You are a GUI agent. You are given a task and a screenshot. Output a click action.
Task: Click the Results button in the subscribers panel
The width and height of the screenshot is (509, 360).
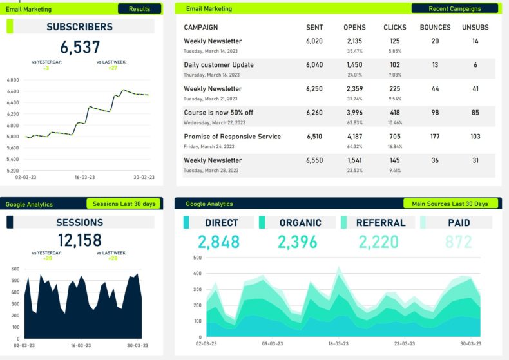click(x=139, y=9)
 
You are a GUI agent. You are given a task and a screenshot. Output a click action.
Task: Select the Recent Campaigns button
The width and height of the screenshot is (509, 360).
click(x=454, y=9)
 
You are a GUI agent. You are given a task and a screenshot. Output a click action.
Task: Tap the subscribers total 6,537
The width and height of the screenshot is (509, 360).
click(x=81, y=47)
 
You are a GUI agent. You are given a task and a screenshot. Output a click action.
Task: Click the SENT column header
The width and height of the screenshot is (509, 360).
click(x=314, y=28)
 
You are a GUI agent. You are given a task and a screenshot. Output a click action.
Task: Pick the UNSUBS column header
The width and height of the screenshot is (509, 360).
click(x=475, y=28)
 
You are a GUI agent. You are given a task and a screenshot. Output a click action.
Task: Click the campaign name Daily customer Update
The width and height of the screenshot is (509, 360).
click(x=218, y=65)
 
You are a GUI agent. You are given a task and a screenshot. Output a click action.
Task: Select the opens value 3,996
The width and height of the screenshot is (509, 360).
click(x=354, y=113)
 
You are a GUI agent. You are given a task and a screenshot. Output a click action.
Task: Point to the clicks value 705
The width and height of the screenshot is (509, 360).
click(x=395, y=137)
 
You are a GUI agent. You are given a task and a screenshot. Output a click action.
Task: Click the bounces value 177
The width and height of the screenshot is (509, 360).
click(x=436, y=137)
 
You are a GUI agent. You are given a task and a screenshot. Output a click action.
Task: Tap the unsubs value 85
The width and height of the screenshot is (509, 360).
click(x=475, y=113)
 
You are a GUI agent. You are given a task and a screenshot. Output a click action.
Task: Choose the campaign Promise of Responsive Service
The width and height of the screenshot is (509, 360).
click(x=232, y=137)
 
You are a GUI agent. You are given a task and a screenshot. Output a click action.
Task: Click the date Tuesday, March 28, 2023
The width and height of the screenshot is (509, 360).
click(x=211, y=171)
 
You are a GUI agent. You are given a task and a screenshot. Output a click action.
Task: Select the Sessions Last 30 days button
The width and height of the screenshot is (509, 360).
click(x=124, y=204)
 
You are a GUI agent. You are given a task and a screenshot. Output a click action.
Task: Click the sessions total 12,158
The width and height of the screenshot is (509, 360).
click(x=79, y=240)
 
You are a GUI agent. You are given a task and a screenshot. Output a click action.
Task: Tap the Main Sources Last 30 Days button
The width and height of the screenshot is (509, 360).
click(x=450, y=204)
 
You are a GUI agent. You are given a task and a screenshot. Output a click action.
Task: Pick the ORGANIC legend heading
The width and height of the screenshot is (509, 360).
click(x=300, y=223)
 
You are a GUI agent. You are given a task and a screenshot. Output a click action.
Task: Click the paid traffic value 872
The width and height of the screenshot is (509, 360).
click(x=458, y=242)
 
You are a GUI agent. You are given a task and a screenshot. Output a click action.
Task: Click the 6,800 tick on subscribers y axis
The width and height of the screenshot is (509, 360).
click(x=13, y=80)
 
